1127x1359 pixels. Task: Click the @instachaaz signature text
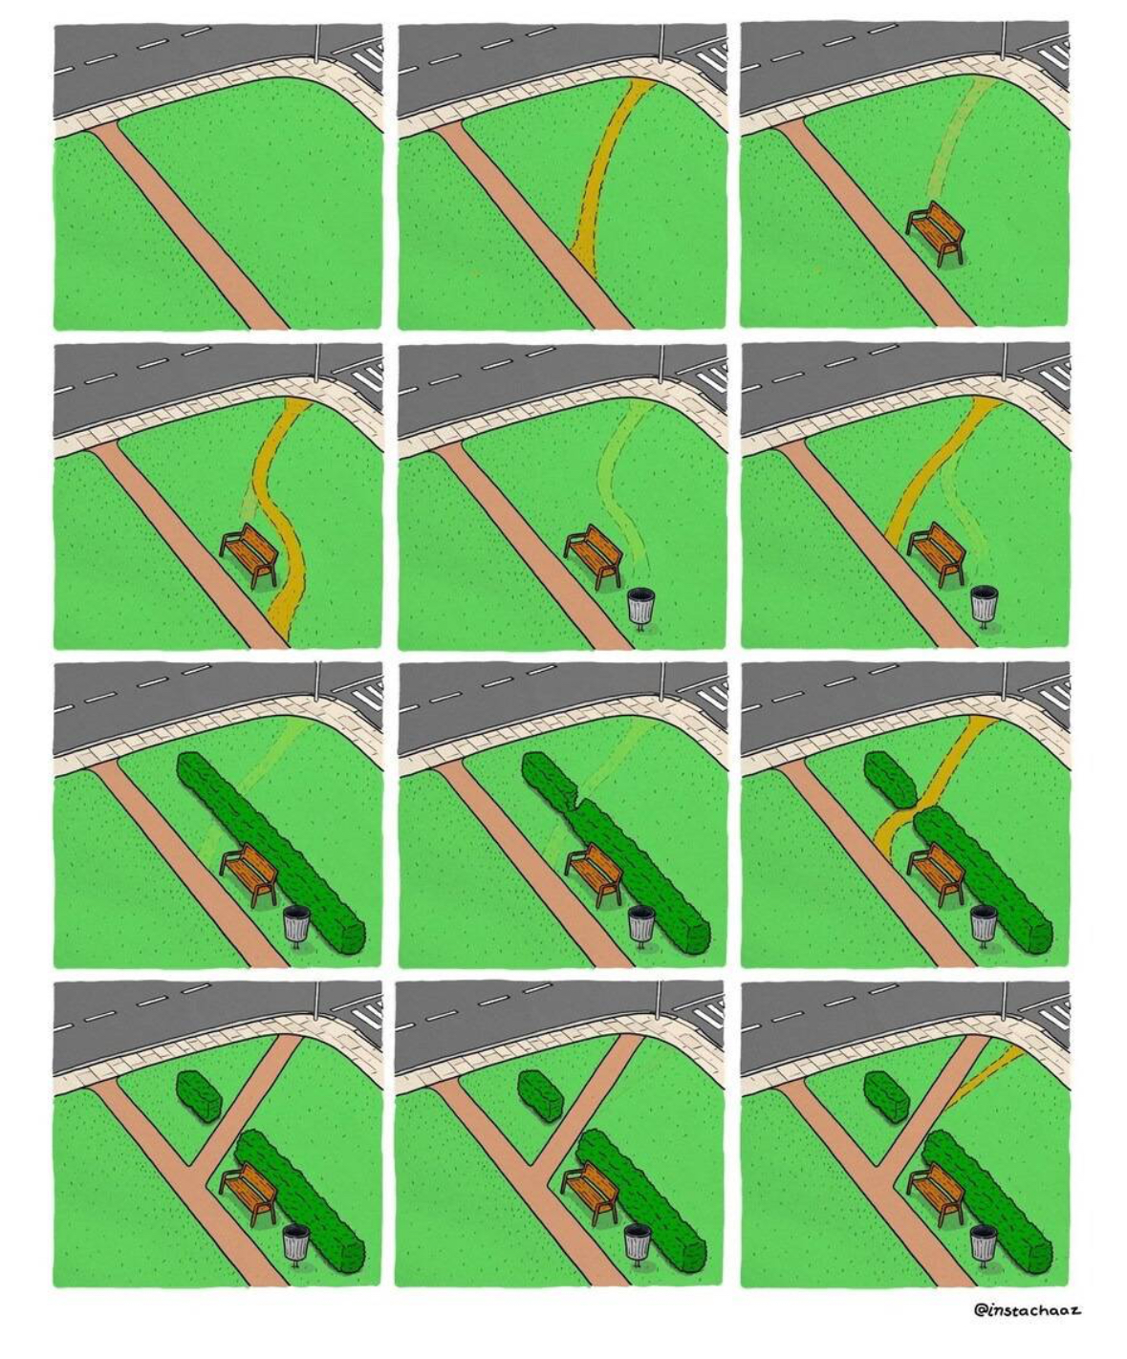[1027, 1309]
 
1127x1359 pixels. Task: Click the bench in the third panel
[936, 232]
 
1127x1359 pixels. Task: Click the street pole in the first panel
[317, 42]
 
